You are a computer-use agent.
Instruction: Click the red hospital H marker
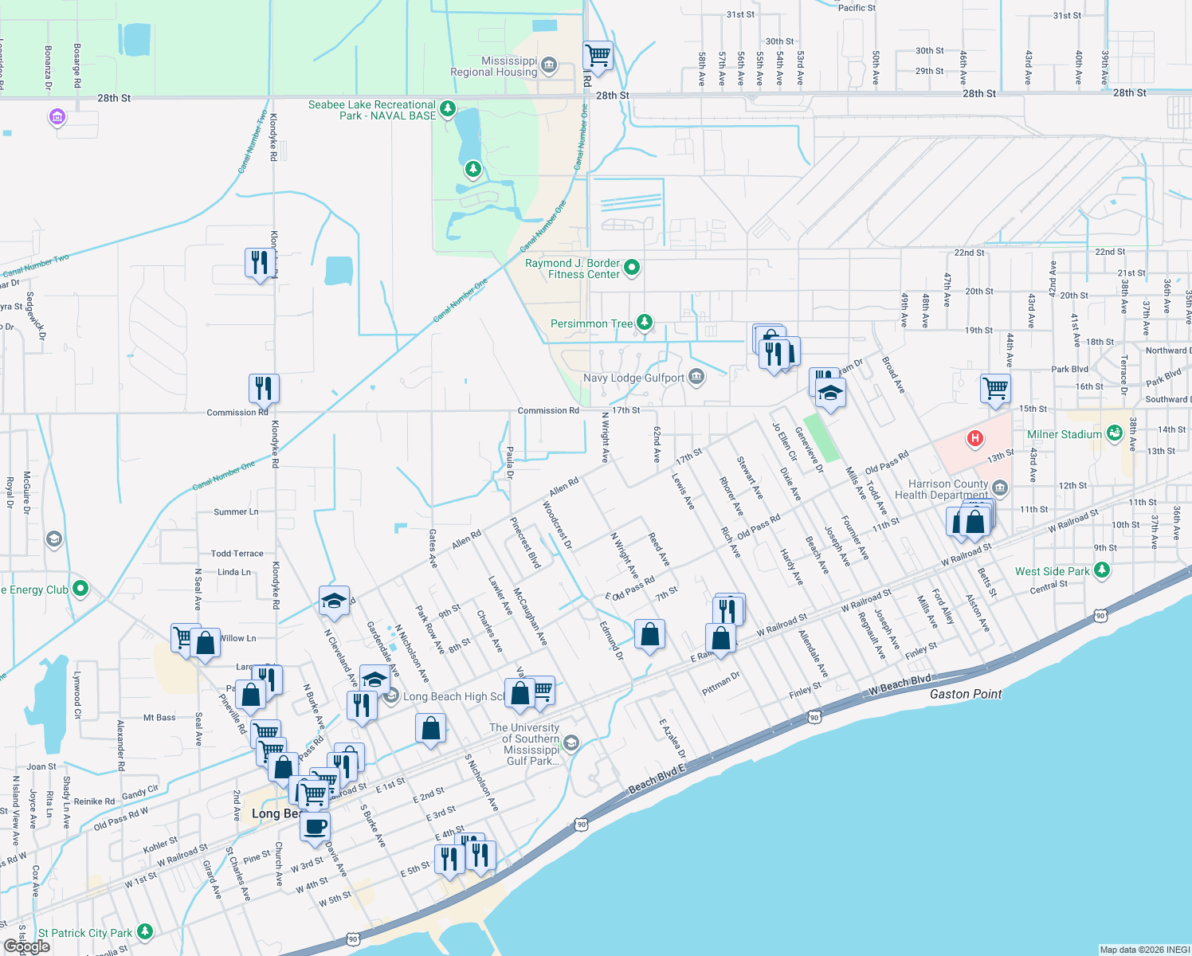974,438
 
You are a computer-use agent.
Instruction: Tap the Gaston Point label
966,694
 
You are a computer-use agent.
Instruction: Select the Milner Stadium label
1064,434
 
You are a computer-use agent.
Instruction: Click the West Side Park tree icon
1102,570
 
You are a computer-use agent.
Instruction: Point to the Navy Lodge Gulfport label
633,378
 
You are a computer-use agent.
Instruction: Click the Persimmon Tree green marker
645,323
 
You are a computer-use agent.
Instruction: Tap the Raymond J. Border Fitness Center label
572,268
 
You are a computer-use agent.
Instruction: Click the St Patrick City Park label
85,933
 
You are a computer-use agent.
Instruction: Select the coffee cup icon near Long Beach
316,826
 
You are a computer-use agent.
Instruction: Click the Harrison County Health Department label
947,489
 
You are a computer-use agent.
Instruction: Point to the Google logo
27,946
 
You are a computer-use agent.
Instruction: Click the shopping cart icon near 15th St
995,389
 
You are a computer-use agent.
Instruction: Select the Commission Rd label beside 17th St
548,410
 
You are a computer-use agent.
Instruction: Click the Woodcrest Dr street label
557,525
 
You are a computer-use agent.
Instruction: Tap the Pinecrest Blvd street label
525,543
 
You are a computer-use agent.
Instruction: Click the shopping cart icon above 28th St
598,56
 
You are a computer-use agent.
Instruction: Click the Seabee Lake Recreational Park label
371,110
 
